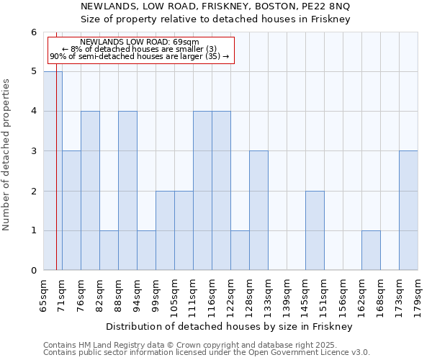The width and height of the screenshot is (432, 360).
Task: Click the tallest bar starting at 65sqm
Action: coord(53,171)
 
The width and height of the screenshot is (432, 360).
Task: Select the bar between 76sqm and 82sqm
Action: coord(90,191)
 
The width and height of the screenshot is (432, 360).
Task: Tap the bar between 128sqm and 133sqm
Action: coord(258,210)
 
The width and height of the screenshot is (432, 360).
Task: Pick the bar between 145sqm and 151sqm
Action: coord(315,230)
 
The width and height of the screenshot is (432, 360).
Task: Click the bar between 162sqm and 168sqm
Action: coord(371,251)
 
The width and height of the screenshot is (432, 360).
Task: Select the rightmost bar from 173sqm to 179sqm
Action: coord(408,210)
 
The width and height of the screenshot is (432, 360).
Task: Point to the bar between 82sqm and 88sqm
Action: coord(109,251)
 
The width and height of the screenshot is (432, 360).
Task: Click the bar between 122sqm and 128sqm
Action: coord(240,251)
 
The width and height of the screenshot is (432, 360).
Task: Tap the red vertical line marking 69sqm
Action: coord(56,180)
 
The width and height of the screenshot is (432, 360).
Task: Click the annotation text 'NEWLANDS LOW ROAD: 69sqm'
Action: coord(140,42)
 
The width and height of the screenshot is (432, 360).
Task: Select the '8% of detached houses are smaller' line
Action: coord(140,49)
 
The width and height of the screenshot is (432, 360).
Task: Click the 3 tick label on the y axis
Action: coord(33,151)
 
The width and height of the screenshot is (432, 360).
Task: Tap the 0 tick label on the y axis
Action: coord(33,271)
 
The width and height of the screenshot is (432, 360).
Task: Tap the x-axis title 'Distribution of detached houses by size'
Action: coord(230,327)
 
